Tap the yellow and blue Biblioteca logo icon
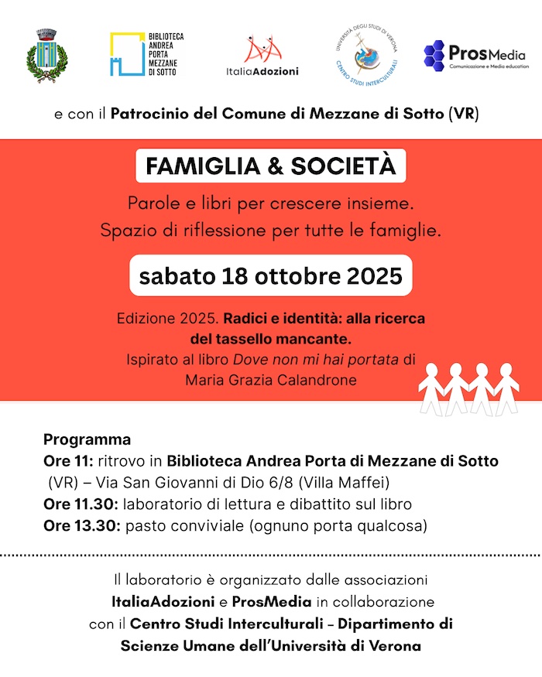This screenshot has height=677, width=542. [x=125, y=53]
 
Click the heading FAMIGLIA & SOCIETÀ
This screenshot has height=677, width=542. [x=271, y=166]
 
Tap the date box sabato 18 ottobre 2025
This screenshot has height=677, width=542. [x=271, y=275]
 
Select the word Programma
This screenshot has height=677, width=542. [x=87, y=440]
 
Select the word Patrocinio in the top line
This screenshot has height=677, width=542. [x=146, y=115]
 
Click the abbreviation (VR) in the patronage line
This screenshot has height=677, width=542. [x=464, y=115]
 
